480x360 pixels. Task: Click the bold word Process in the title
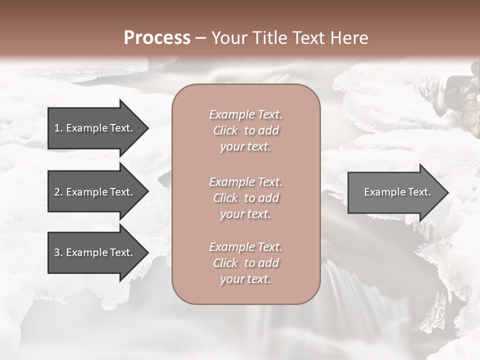pyautogui.click(x=157, y=38)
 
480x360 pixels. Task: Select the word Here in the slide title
pyautogui.click(x=348, y=38)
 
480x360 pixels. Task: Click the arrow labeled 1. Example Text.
pyautogui.click(x=95, y=128)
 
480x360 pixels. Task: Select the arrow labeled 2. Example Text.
pyautogui.click(x=95, y=192)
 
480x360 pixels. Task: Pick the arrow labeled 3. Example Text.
pyautogui.click(x=95, y=252)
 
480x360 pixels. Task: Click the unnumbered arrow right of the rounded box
pyautogui.click(x=395, y=192)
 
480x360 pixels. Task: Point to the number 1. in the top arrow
pyautogui.click(x=58, y=128)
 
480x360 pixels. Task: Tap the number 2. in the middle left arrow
pyautogui.click(x=58, y=192)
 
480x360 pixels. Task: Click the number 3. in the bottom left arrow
pyautogui.click(x=58, y=252)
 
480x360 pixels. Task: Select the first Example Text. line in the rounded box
pyautogui.click(x=245, y=114)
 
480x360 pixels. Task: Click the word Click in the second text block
pyautogui.click(x=225, y=198)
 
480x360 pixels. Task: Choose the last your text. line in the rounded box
pyautogui.click(x=245, y=279)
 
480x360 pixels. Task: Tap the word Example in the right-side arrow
pyautogui.click(x=381, y=192)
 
